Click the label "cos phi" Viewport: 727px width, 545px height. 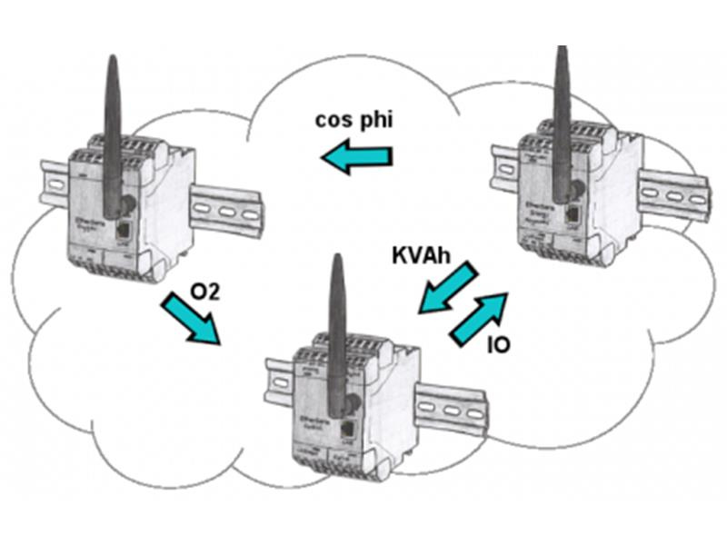tap(354, 121)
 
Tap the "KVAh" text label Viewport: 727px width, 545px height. tap(423, 254)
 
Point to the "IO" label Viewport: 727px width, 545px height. tap(498, 345)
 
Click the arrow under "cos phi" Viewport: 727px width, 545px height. tap(358, 158)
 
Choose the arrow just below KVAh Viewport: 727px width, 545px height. tap(446, 288)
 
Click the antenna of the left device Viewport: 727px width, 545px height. tap(112, 136)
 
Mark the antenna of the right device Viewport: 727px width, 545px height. tap(563, 118)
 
